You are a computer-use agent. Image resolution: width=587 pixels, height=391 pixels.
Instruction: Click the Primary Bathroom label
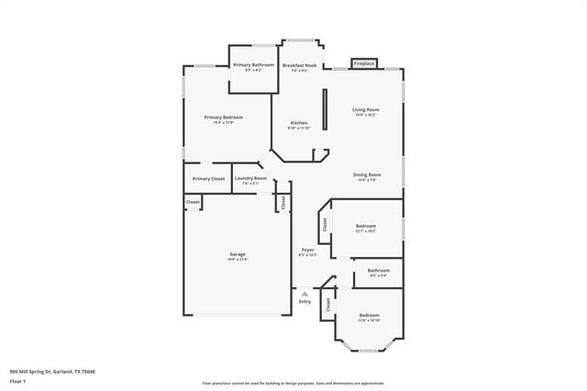tap(253, 65)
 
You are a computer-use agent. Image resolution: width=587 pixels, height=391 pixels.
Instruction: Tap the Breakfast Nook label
tap(300, 65)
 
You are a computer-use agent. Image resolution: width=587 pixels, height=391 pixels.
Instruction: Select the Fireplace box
tap(365, 63)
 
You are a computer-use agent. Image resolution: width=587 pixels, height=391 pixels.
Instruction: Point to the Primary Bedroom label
tap(224, 117)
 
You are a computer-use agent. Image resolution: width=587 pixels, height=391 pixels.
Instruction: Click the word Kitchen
tap(299, 123)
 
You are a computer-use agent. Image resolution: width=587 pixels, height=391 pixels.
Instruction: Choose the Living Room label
tap(366, 110)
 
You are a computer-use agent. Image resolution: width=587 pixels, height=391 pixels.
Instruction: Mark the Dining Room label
tap(367, 174)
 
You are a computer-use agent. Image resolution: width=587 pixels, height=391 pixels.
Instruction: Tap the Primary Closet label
tap(208, 178)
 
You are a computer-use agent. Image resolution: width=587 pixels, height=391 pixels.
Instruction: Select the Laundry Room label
tap(250, 178)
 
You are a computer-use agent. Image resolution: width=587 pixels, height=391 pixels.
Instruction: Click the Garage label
tap(238, 254)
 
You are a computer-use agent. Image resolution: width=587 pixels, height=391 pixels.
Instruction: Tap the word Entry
tap(305, 302)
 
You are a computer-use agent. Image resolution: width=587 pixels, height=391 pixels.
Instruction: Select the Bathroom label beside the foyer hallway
tap(379, 271)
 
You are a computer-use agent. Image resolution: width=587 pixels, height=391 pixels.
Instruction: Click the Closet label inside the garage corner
tap(193, 202)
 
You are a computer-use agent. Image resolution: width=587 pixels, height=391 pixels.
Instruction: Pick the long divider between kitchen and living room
tap(323, 114)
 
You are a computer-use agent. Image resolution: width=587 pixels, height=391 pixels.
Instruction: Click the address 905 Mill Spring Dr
tap(52, 371)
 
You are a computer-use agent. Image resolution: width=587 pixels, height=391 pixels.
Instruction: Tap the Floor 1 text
tap(17, 380)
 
